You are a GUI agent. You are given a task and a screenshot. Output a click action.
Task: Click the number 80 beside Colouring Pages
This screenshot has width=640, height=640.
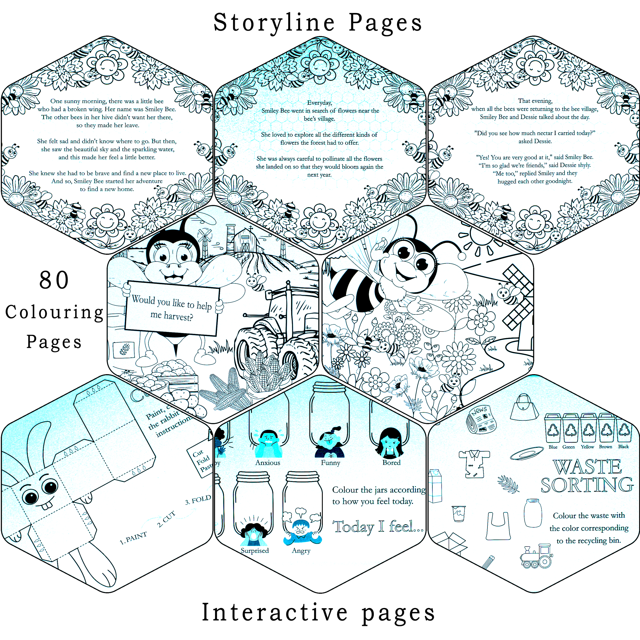pyautogui.click(x=54, y=280)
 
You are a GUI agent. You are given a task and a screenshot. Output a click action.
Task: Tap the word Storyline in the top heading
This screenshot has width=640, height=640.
pyautogui.click(x=273, y=23)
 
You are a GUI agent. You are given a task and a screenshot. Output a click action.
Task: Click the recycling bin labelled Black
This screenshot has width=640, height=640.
pyautogui.click(x=624, y=429)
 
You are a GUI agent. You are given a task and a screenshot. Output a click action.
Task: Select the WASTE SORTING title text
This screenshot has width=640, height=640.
pyautogui.click(x=587, y=476)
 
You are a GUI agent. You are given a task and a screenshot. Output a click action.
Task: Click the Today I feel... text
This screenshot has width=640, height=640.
pyautogui.click(x=378, y=526)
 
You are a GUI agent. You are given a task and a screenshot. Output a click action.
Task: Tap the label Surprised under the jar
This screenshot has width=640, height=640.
pyautogui.click(x=254, y=550)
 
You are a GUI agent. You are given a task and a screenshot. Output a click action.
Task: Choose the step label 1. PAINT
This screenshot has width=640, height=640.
pyautogui.click(x=133, y=538)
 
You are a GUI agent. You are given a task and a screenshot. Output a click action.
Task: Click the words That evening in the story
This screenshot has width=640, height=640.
pyautogui.click(x=535, y=101)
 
